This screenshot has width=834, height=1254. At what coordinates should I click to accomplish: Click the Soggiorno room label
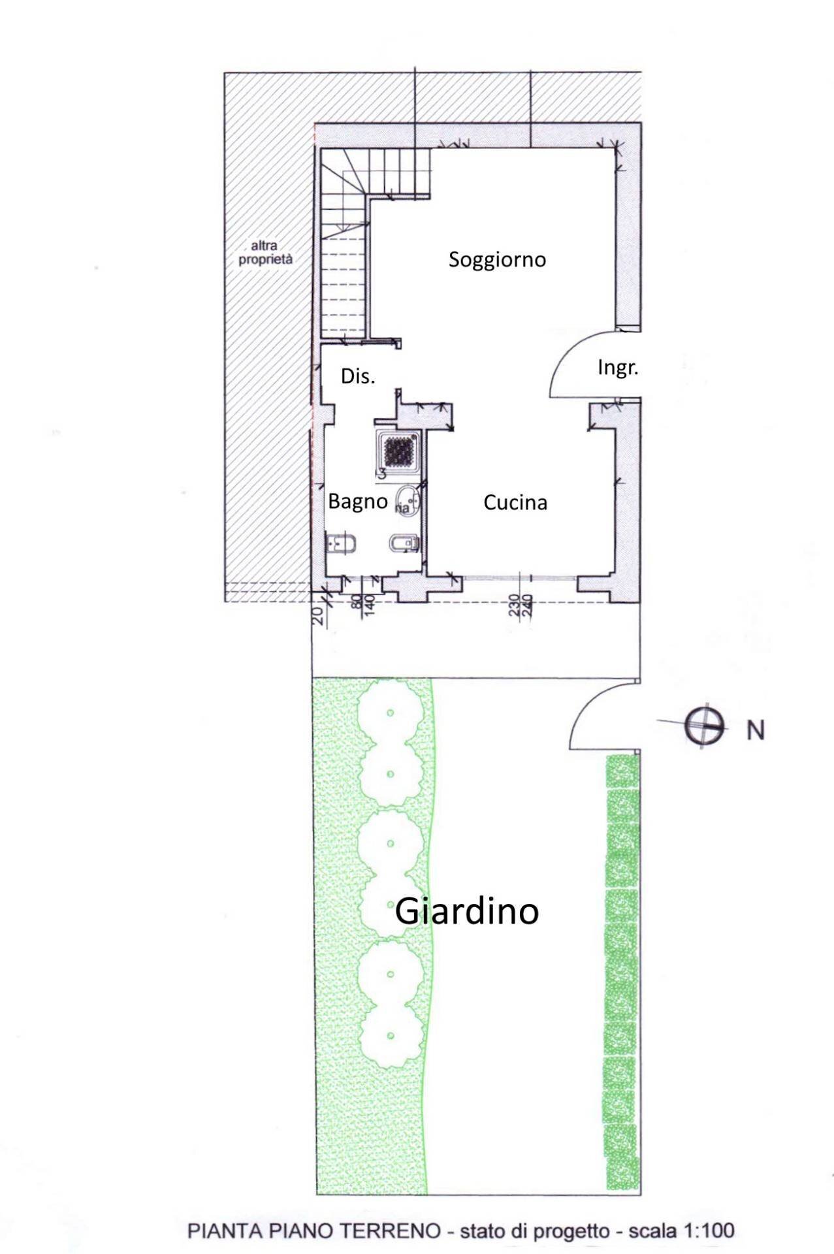coord(497,259)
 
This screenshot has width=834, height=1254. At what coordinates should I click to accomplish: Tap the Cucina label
coord(515,502)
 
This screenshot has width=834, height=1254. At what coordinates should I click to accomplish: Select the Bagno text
coord(357,502)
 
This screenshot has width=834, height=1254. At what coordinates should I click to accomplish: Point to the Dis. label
coord(358,376)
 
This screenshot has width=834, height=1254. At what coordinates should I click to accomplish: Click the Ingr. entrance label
coord(617,368)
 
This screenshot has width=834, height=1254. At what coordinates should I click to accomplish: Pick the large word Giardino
coord(467,910)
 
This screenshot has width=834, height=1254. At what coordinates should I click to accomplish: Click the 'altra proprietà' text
coord(265,253)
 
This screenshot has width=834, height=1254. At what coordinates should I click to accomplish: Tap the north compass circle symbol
coord(704,726)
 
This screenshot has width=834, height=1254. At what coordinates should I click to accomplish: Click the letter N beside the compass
coord(756,730)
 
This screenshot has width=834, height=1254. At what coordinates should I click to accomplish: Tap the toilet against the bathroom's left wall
coord(340,543)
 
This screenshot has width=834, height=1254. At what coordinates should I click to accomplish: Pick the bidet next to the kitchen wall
coord(404,543)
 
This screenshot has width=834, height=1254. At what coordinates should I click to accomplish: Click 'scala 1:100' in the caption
coord(681,1230)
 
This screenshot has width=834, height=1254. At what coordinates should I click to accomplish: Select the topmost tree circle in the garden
coord(390,712)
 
